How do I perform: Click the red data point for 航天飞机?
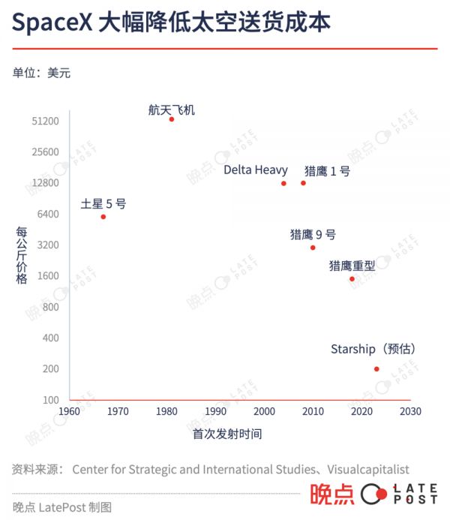pyautogui.click(x=171, y=119)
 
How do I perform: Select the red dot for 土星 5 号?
pyautogui.click(x=103, y=217)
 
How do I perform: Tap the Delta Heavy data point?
pyautogui.click(x=283, y=183)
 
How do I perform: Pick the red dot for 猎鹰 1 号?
pyautogui.click(x=304, y=183)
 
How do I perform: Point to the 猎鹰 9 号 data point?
pyautogui.click(x=313, y=248)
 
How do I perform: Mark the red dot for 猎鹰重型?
pyautogui.click(x=352, y=279)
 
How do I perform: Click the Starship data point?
pyautogui.click(x=376, y=368)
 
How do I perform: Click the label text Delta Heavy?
pyautogui.click(x=256, y=170)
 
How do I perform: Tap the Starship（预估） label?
pyautogui.click(x=373, y=350)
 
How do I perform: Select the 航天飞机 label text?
pyautogui.click(x=171, y=110)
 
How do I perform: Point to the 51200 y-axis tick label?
pyautogui.click(x=46, y=121)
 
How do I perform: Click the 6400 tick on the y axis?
pyautogui.click(x=49, y=214)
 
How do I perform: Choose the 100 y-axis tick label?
pyautogui.click(x=51, y=400)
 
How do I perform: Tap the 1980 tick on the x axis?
pyautogui.click(x=166, y=411)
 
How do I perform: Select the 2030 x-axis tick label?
pyautogui.click(x=410, y=411)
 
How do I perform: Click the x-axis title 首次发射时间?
pyautogui.click(x=227, y=434)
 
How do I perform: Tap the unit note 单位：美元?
pyautogui.click(x=42, y=73)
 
